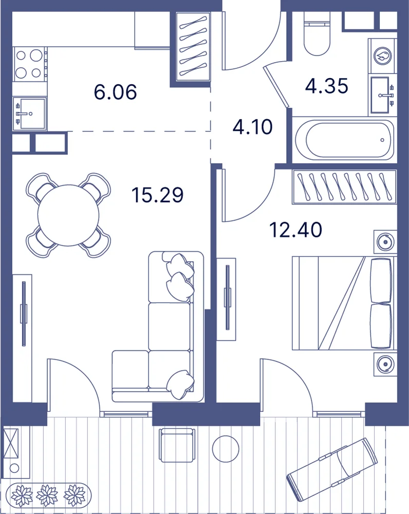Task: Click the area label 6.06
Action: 115,92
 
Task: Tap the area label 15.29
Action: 157,195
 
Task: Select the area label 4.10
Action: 252,127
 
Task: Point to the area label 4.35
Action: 326,86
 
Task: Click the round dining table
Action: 68,215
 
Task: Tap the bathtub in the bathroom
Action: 343,140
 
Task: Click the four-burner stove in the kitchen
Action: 29,64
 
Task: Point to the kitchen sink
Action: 29,114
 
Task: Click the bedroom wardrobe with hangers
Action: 344,186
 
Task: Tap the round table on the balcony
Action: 226,448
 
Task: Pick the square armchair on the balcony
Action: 176,445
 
